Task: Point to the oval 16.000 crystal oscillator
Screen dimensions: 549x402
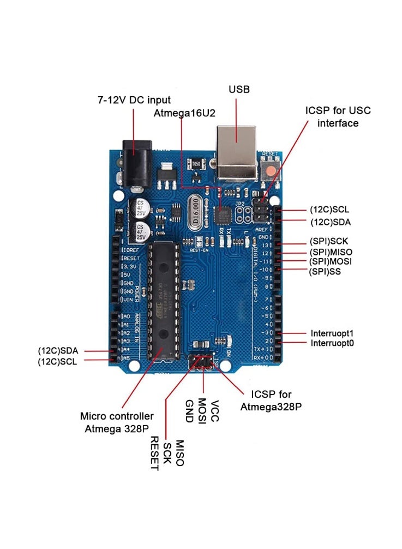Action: (x=195, y=213)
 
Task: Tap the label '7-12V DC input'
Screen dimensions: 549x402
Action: (x=134, y=100)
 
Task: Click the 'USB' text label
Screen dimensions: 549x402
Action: (x=239, y=89)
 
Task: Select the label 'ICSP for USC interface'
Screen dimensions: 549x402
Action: (x=338, y=117)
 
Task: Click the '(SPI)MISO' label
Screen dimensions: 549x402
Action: (x=331, y=252)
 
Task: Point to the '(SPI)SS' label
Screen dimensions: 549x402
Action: (x=325, y=271)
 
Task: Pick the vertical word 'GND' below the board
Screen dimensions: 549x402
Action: (x=189, y=411)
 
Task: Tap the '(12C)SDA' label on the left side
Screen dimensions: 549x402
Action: (x=58, y=350)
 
